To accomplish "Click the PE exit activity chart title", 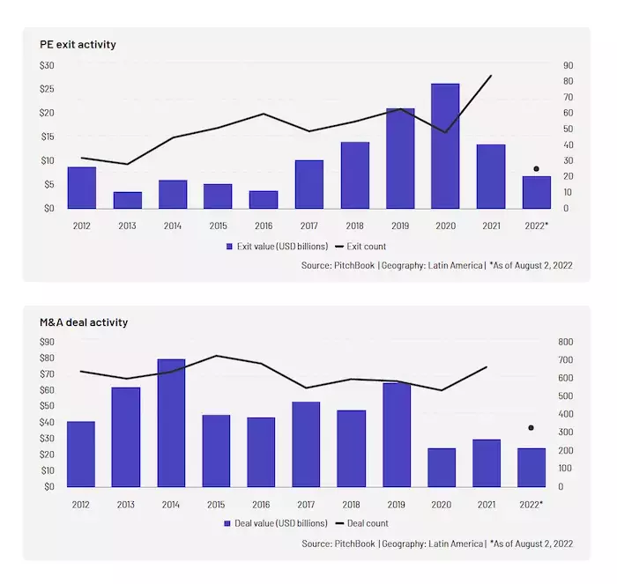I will click(78, 44).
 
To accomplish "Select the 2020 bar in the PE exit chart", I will click(445, 146).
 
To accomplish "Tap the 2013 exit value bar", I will click(128, 200).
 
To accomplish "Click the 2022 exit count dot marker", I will click(536, 168).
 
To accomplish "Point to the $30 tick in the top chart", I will click(47, 65).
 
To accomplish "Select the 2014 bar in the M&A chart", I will click(172, 423).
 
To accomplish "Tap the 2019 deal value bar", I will click(397, 434).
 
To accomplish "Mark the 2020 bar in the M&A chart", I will click(442, 467).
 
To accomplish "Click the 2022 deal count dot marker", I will click(531, 428).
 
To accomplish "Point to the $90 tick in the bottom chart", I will click(47, 342).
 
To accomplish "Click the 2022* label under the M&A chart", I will click(531, 504).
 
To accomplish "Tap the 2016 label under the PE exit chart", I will click(263, 226).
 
